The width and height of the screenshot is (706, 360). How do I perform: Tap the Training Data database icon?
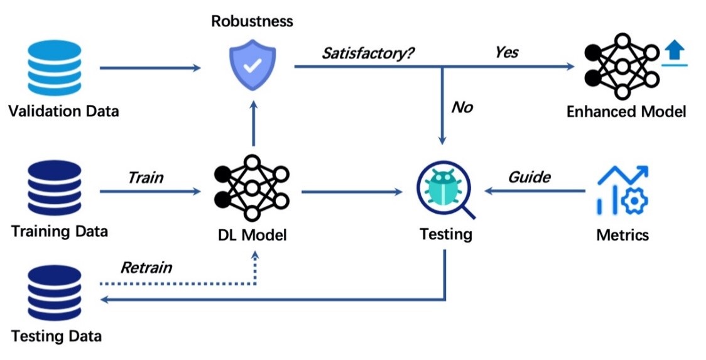point(55,187)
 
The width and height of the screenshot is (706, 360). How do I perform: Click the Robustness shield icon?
point(251,65)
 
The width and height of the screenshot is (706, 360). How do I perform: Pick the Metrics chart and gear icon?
point(621,189)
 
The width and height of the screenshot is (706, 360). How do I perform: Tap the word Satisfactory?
point(368,53)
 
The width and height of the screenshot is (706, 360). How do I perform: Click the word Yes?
point(506,52)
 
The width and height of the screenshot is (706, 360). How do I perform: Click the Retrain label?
point(146,268)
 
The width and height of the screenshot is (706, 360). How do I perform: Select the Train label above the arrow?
point(146,177)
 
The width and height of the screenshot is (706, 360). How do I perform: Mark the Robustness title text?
point(252,21)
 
